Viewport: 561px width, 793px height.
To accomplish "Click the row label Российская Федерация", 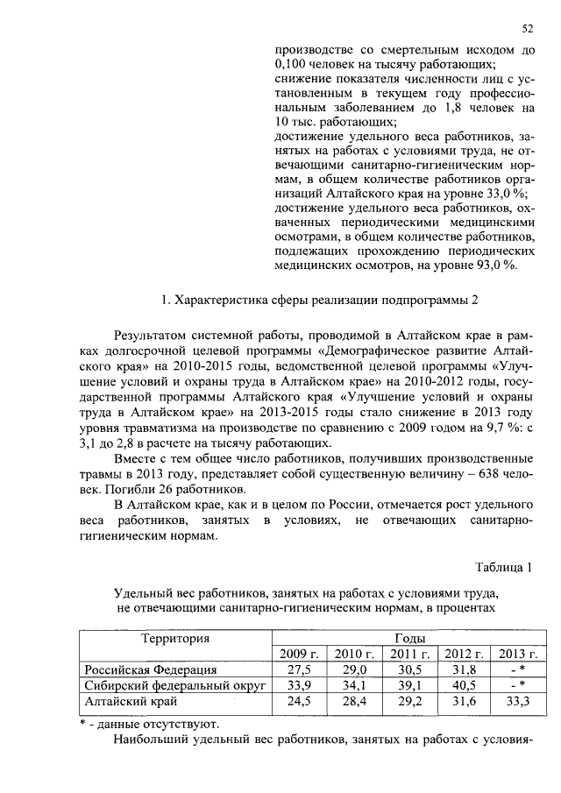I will coord(150,670).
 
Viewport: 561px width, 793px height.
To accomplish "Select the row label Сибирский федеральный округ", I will coord(174,686).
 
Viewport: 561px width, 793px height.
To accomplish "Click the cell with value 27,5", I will coord(302,670).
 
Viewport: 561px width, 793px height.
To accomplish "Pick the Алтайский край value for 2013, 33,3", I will coord(517,702).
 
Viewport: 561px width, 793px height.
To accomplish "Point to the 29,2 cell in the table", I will coord(409,702).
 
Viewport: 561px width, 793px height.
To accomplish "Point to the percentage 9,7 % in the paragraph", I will coord(508,424).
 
